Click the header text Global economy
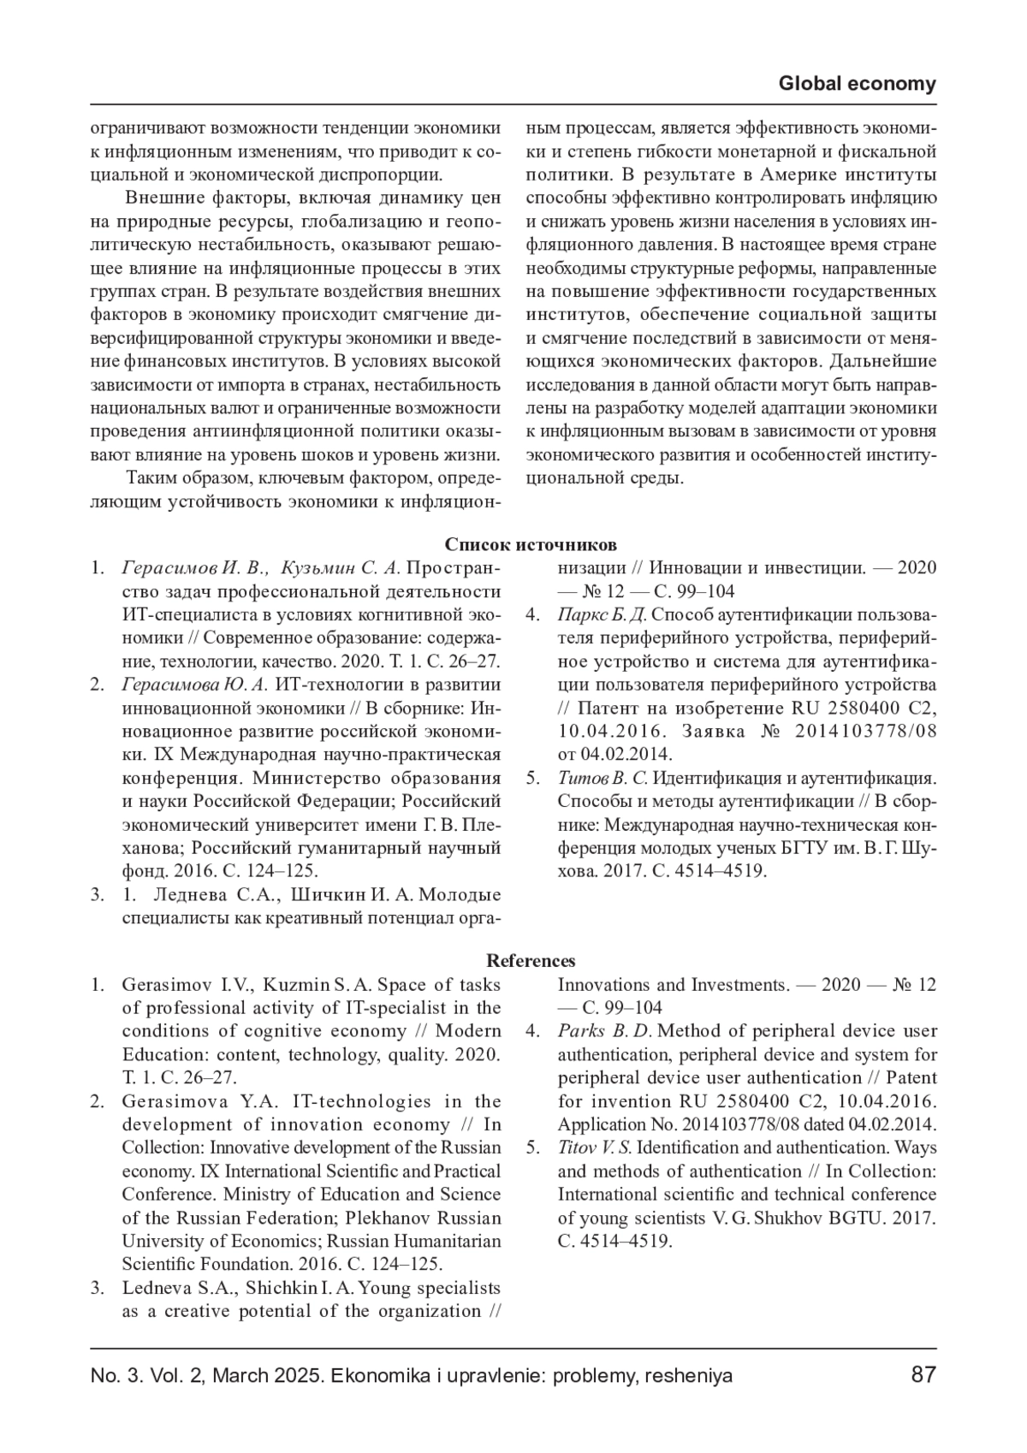[858, 84]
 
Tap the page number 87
[923, 1375]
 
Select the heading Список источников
[531, 545]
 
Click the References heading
[531, 961]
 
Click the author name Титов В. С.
[606, 779]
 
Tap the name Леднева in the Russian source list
[191, 895]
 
